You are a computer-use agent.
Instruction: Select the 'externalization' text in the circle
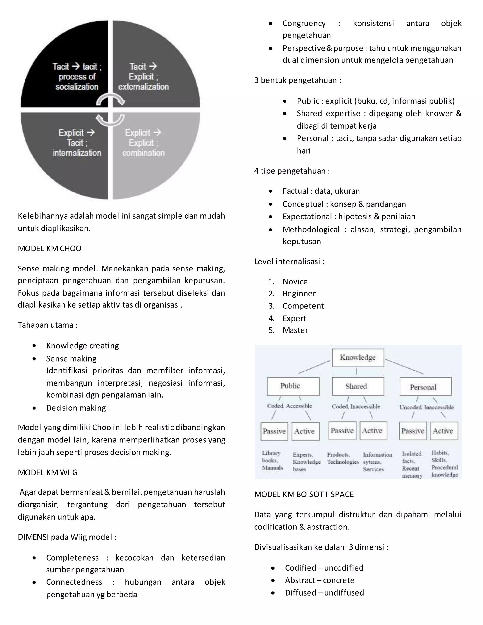(143, 87)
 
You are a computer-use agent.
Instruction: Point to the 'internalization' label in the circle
(77, 153)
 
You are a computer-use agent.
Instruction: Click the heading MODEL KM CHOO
(50, 248)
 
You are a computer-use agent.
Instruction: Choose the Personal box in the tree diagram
(425, 387)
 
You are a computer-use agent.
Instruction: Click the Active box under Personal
(444, 431)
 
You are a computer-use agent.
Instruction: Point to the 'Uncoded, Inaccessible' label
(426, 407)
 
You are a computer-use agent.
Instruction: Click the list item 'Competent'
(303, 306)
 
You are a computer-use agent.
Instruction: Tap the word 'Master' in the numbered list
(295, 330)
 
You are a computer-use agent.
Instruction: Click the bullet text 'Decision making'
(76, 408)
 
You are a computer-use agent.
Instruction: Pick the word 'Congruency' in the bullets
(304, 23)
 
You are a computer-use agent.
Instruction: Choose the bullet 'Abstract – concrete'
(320, 580)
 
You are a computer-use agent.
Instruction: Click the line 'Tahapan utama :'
(47, 325)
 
